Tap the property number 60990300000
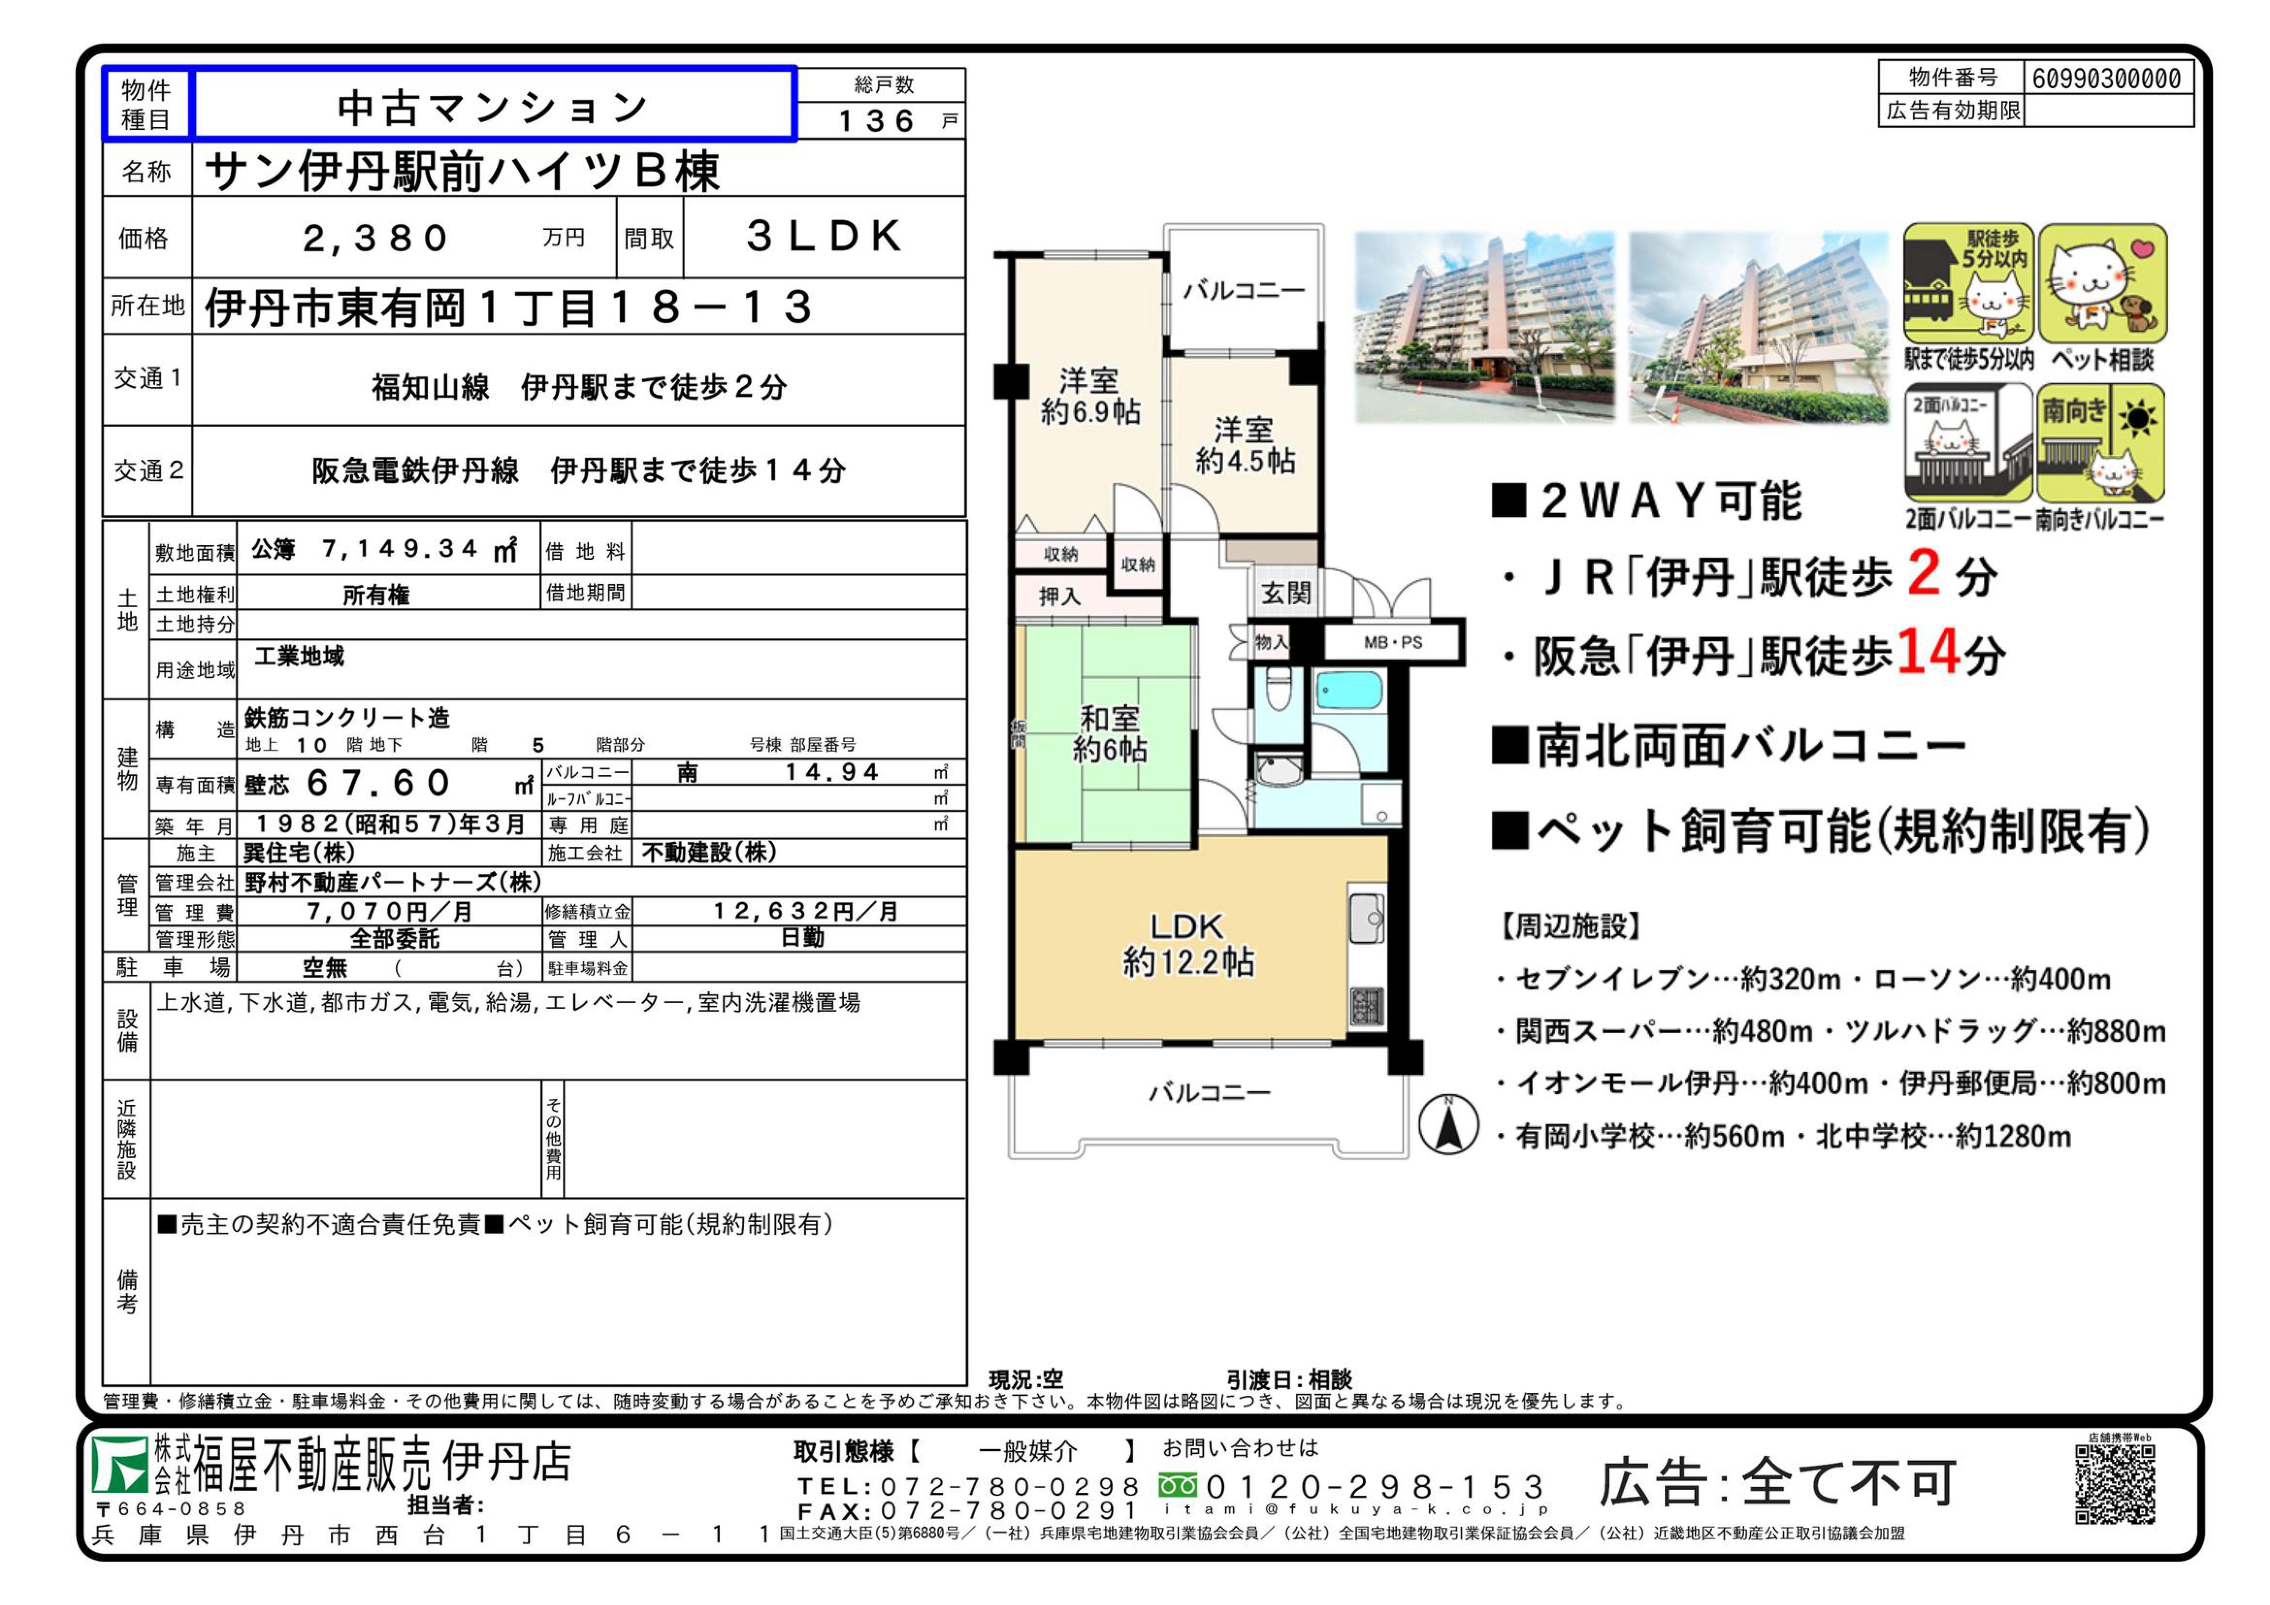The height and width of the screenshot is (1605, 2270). [2107, 78]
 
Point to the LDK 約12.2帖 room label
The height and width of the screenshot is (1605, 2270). [1188, 943]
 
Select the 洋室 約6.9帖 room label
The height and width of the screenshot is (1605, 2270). [1089, 396]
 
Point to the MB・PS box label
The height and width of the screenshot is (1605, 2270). [1393, 642]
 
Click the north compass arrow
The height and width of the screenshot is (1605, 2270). [1449, 1126]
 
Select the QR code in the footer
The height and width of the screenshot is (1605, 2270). [2115, 1483]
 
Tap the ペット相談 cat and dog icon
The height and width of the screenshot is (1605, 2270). [2102, 284]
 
